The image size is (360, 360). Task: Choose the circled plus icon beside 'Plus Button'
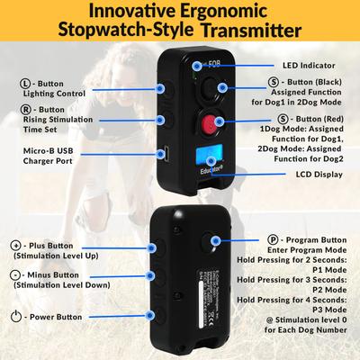point(14,245)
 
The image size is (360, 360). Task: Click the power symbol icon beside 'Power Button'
point(15,317)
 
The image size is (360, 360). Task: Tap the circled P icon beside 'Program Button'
point(272,241)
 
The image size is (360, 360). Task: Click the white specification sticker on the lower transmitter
point(192,287)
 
